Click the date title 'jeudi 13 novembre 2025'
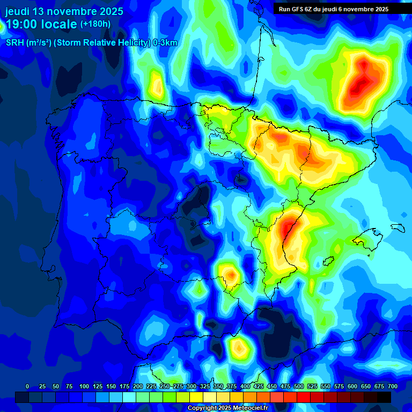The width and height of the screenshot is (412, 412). [x=64, y=11]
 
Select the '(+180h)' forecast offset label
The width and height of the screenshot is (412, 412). [x=95, y=24]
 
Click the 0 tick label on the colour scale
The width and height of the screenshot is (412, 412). [x=27, y=387]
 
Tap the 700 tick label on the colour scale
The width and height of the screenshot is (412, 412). [x=392, y=387]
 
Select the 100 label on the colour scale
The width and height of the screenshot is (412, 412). [x=84, y=387]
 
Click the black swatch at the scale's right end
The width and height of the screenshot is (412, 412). [x=384, y=397]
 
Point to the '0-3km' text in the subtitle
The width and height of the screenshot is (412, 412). [x=165, y=43]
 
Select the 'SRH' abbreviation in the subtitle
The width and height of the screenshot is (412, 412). [x=15, y=43]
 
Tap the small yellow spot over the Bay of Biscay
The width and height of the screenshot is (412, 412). [x=157, y=84]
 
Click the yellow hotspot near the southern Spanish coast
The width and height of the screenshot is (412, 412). [x=239, y=349]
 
